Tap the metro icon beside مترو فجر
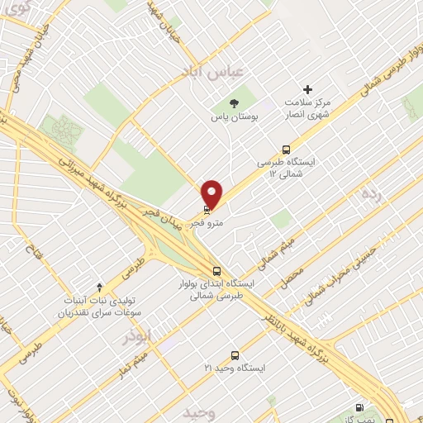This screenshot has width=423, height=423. tap(207, 210)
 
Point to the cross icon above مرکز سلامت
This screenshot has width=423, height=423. tap(308, 88)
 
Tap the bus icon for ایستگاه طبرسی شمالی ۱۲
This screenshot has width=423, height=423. tap(286, 150)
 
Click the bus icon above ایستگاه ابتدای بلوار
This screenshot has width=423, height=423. tap(216, 270)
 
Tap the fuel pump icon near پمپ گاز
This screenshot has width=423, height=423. tap(358, 407)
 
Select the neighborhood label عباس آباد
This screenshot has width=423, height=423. tap(215, 72)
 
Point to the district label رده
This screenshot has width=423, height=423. tap(370, 195)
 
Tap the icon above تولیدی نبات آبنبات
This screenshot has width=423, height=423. tap(100, 287)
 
